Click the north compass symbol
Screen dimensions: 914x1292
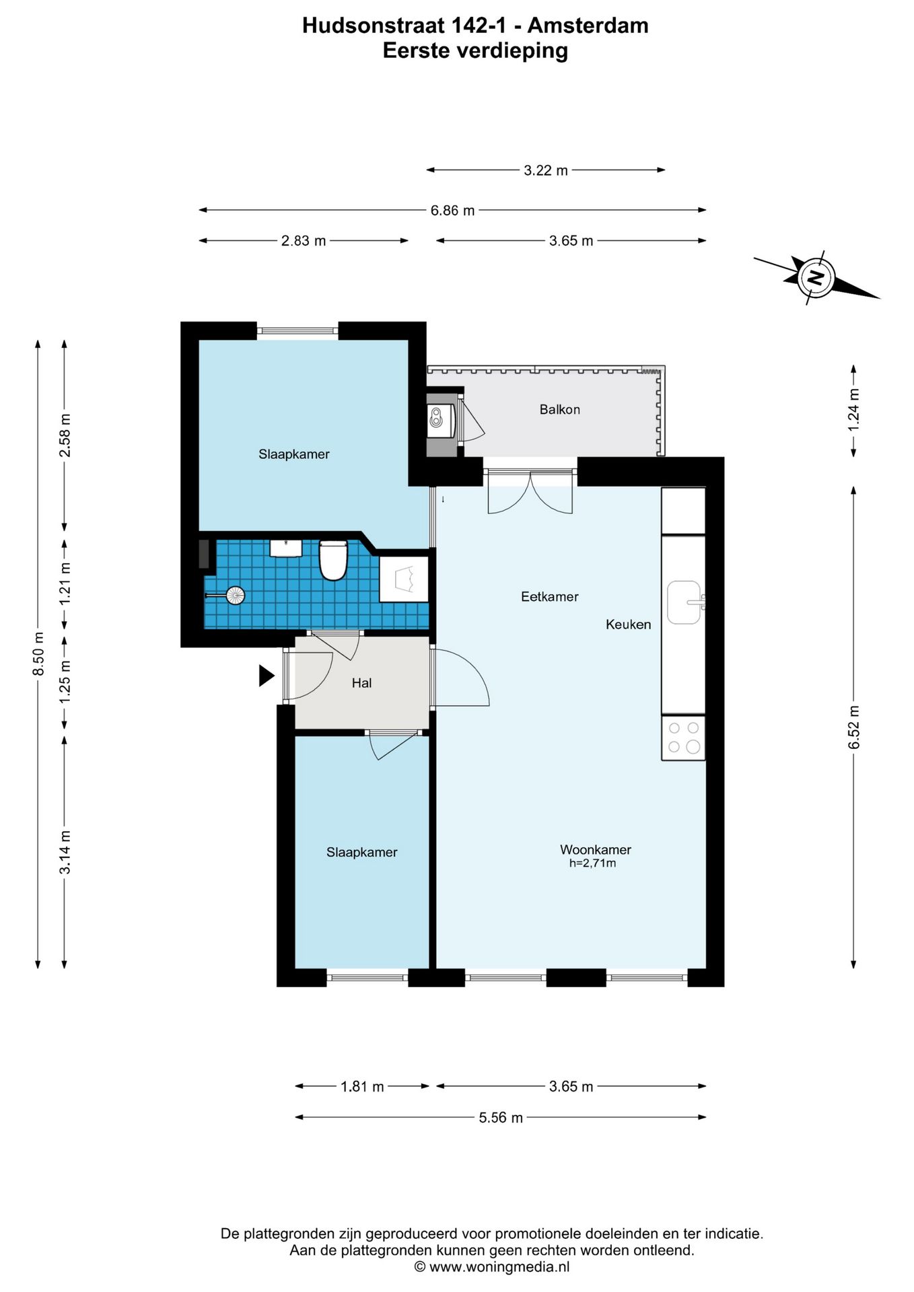(816, 278)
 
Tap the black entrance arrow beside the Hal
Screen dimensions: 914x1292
(267, 676)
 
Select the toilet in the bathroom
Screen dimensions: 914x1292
(332, 560)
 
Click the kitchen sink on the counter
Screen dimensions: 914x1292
(685, 602)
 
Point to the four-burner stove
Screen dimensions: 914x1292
(683, 738)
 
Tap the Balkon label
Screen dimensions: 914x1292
(559, 409)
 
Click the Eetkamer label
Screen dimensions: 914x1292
(550, 596)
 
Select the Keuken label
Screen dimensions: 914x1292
(628, 624)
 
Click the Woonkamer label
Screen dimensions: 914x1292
(596, 850)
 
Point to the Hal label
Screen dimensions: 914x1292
(361, 683)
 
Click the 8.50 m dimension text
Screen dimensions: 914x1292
(39, 654)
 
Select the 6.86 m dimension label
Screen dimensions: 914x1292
(453, 211)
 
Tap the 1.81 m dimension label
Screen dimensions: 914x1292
(362, 1087)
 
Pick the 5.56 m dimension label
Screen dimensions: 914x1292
(501, 1118)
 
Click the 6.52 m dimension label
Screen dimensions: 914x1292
(853, 727)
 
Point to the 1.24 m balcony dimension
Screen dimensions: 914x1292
(853, 410)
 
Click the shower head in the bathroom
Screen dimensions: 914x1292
(235, 595)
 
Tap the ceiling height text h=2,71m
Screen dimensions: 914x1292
(592, 863)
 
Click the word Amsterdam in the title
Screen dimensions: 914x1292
(588, 26)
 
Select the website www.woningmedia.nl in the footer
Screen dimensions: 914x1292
(499, 1267)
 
